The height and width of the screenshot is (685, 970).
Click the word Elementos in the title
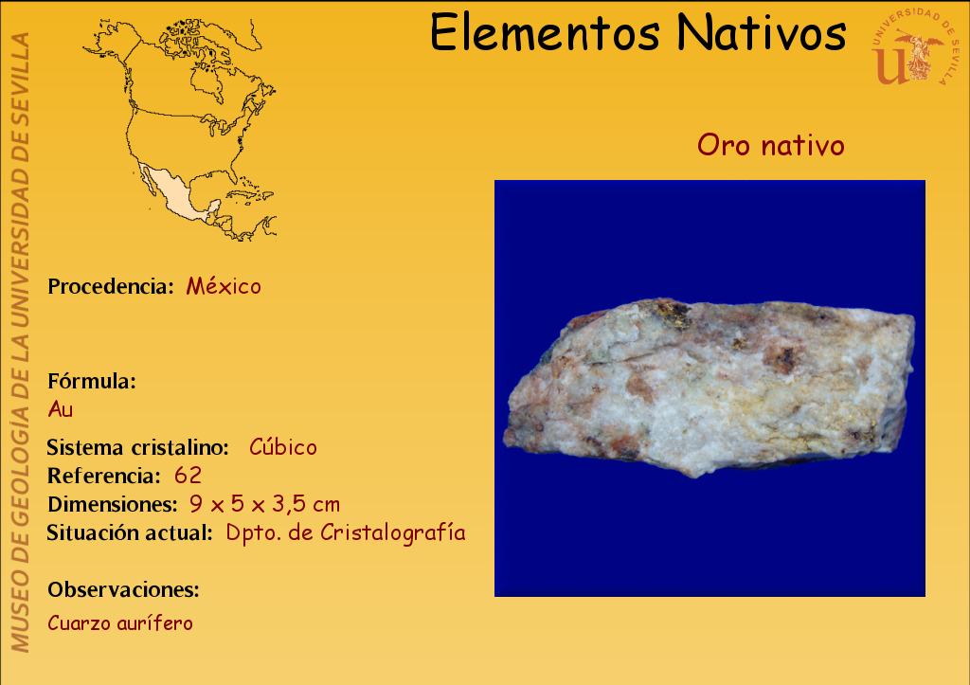tap(545, 32)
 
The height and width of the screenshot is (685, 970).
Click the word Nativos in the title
tap(761, 32)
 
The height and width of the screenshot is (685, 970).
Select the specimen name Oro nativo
tap(770, 145)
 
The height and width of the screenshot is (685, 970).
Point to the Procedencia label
tap(111, 286)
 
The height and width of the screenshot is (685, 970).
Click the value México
tap(224, 286)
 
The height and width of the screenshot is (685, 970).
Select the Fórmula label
tap(92, 381)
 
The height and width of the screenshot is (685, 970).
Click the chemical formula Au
tap(60, 409)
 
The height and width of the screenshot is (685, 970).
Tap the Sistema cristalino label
tap(138, 447)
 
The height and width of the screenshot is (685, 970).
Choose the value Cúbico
tap(282, 446)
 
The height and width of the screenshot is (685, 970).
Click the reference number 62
tap(188, 476)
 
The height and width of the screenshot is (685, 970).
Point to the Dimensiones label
tap(113, 504)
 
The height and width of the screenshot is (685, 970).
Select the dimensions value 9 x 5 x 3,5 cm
tap(265, 504)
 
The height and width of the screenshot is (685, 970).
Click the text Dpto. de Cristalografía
tap(345, 532)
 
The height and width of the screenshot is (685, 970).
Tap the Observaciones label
tap(124, 589)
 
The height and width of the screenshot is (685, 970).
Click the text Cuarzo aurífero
tap(120, 622)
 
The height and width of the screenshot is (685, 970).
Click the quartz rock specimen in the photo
tap(710, 387)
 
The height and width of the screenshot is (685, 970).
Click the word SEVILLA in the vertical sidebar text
tap(21, 64)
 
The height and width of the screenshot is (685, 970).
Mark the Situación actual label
tap(130, 532)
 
